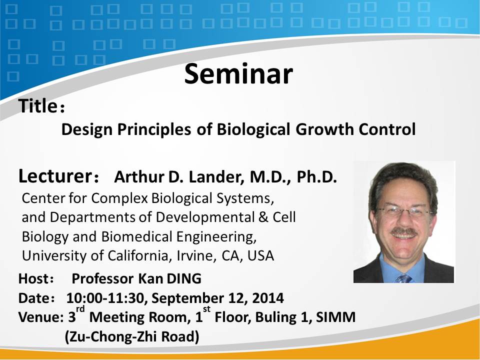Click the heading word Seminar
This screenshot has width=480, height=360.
pos(238,73)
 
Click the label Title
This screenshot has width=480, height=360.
pos(37,106)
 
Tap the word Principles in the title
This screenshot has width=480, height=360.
pos(154,129)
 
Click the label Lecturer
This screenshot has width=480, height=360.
pos(55,176)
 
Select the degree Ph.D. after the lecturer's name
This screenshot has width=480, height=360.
pos(316,177)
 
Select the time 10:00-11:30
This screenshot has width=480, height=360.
pos(104,298)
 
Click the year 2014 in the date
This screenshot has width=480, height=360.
pos(268,298)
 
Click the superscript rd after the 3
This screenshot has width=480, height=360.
pos(80,309)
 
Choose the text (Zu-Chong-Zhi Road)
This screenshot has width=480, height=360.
pos(132,336)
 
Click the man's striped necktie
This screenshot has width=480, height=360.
pos(403,278)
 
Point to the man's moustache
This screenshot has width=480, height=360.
pos(404,231)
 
